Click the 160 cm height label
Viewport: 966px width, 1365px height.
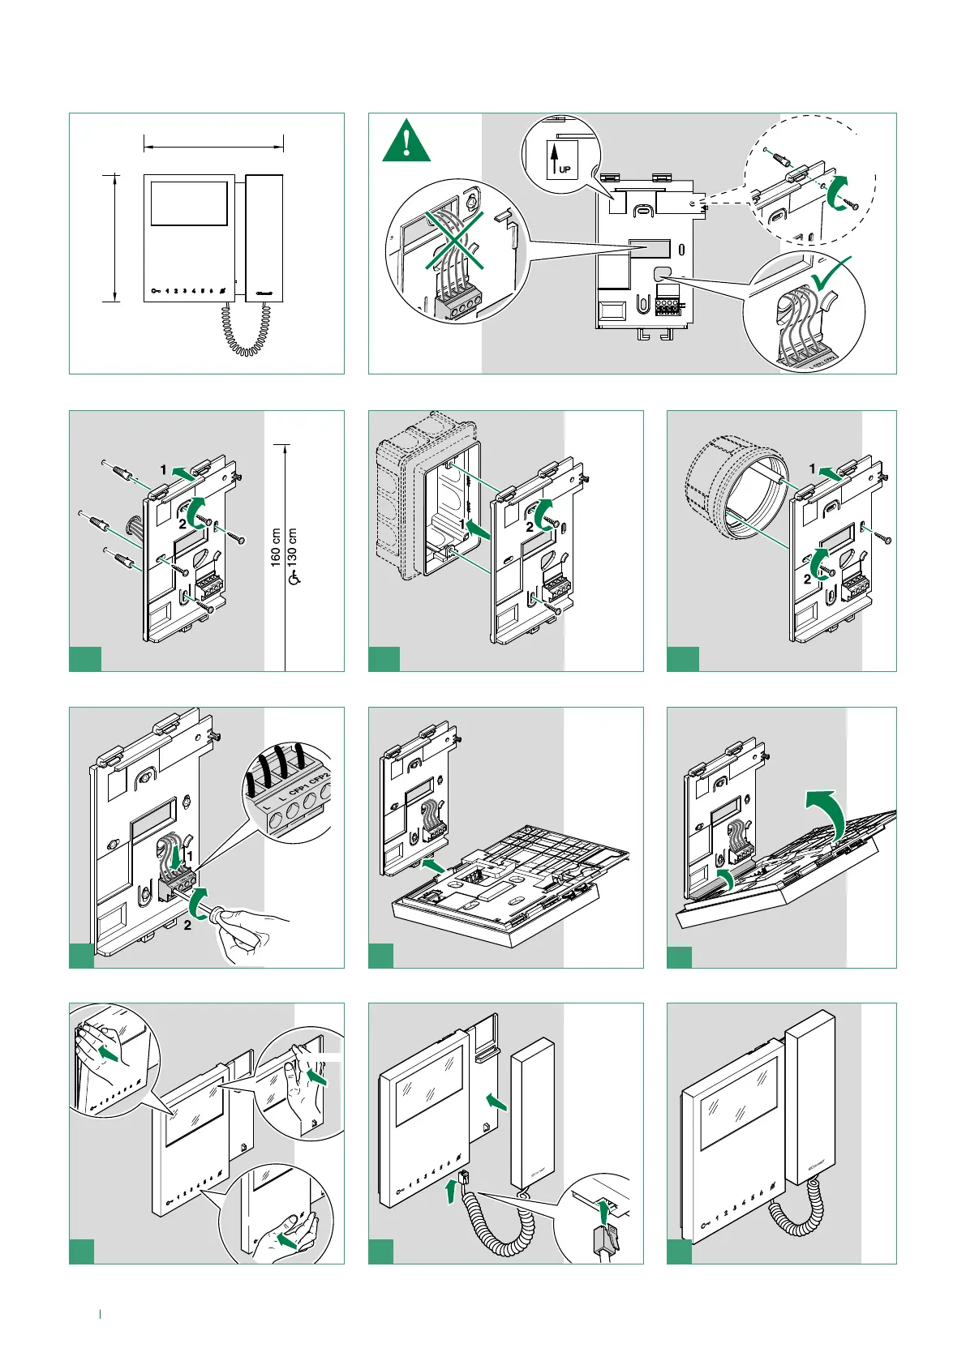[277, 547]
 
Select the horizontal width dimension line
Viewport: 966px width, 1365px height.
[213, 147]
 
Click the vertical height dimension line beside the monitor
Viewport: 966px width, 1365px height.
[115, 237]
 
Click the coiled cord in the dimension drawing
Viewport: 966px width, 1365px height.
[243, 332]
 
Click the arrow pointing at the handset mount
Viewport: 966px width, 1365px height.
[496, 1101]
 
